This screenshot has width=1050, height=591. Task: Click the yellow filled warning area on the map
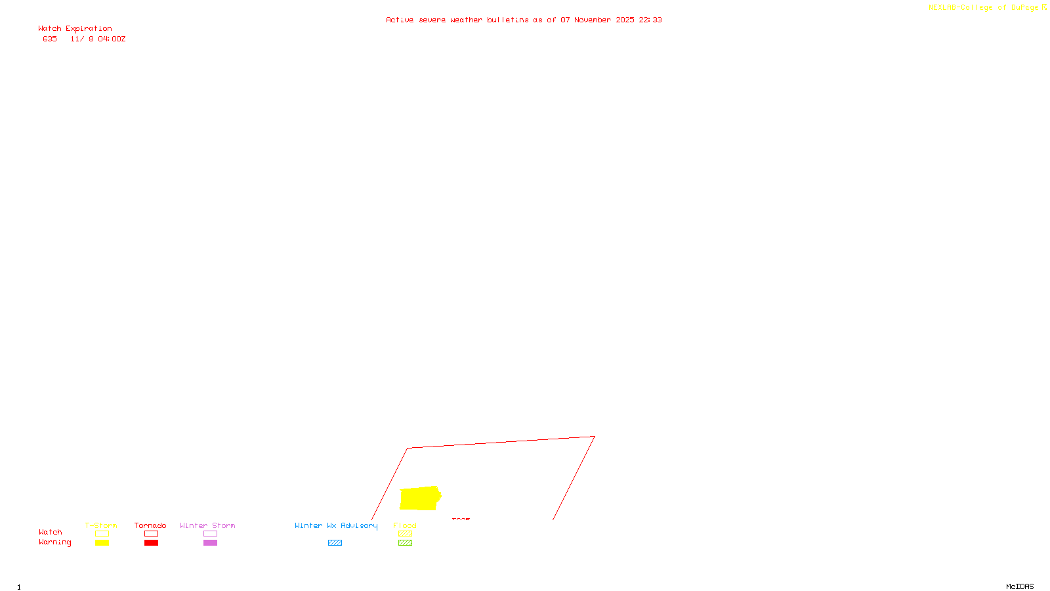click(419, 498)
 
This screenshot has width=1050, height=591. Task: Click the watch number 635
click(50, 39)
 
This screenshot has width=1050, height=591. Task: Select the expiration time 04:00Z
click(112, 39)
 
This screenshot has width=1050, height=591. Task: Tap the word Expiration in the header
click(89, 29)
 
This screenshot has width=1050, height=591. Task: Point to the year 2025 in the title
click(625, 20)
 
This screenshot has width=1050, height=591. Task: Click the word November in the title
click(592, 20)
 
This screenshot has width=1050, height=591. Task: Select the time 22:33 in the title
click(650, 20)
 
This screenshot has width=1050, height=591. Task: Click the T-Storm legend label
click(101, 525)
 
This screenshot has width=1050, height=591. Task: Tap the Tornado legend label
click(150, 525)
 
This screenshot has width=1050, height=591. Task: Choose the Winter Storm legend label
click(207, 525)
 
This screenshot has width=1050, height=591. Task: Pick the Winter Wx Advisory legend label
click(336, 525)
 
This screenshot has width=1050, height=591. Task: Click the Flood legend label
click(405, 525)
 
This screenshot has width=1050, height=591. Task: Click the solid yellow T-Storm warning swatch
click(102, 543)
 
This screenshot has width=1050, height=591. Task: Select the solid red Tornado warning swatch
click(151, 543)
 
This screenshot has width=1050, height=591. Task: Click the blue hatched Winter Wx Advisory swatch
click(335, 543)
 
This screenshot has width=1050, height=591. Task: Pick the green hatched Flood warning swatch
click(405, 543)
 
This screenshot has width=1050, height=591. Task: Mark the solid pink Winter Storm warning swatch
click(210, 543)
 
